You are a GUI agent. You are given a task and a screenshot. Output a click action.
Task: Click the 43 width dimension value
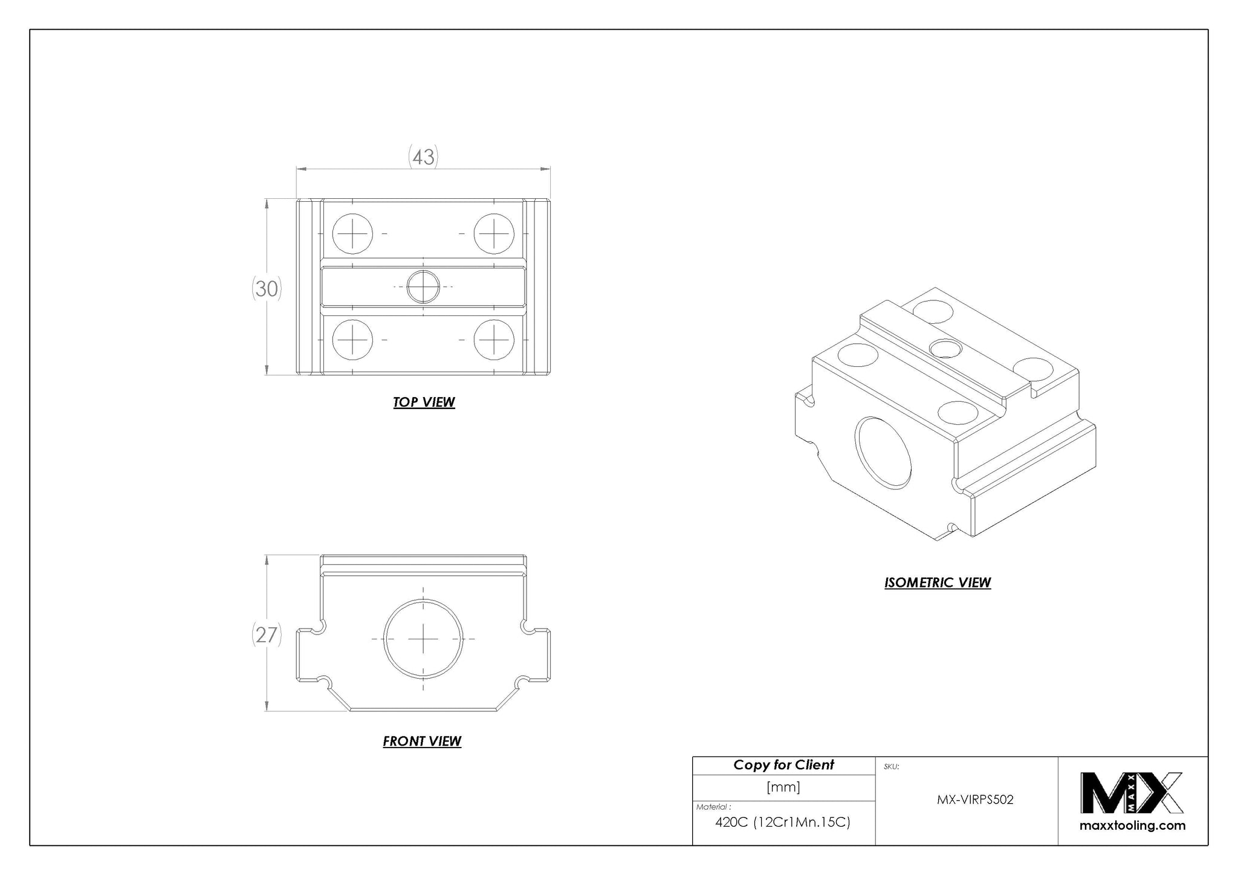[x=423, y=157]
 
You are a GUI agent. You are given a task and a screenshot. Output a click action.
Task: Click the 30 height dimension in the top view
[x=267, y=289]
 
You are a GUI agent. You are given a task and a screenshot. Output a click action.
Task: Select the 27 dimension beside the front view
[x=267, y=635]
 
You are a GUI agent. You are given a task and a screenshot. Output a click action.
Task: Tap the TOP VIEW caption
[x=424, y=402]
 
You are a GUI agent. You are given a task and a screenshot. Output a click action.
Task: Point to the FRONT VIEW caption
[x=422, y=741]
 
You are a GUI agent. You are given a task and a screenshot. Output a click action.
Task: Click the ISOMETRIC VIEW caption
[x=938, y=583]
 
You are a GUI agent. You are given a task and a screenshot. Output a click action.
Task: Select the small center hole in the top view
[x=423, y=286]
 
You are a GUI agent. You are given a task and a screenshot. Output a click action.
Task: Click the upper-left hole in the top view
[x=352, y=233]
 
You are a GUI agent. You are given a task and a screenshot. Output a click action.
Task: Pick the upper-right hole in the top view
[x=494, y=233]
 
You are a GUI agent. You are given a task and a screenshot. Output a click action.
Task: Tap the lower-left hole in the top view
[x=352, y=339]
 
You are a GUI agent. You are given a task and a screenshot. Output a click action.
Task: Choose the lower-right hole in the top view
[x=494, y=339]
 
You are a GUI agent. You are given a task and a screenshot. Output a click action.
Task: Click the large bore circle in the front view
[x=423, y=638]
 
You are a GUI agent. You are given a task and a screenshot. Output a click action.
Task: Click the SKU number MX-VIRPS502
[x=975, y=799]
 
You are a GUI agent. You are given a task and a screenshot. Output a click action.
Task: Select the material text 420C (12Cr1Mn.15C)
[x=783, y=822]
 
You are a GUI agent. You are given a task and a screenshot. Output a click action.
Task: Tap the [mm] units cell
[x=783, y=787]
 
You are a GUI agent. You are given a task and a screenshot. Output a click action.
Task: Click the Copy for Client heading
[x=783, y=765]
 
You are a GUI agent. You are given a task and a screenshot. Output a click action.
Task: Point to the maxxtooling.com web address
[x=1132, y=825]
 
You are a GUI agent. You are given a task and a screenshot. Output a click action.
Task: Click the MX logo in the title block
[x=1132, y=793]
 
